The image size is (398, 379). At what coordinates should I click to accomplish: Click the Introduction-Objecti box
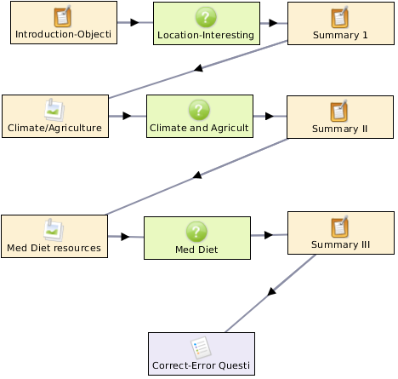(x=64, y=23)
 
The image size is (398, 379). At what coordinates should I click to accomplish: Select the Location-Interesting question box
(x=207, y=24)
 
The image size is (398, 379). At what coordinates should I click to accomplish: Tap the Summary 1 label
(x=340, y=35)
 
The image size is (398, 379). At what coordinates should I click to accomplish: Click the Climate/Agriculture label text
(x=54, y=128)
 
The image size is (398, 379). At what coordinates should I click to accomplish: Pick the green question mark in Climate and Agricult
(x=199, y=110)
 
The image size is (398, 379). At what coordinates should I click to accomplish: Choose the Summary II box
(x=340, y=117)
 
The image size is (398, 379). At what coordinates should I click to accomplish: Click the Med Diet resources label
(x=54, y=248)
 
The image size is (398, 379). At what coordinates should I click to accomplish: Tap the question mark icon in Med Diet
(x=196, y=232)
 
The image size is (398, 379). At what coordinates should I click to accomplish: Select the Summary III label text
(x=340, y=244)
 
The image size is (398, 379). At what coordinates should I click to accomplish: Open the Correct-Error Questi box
(x=202, y=354)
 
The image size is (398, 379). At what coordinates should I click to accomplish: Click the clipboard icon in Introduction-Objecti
(x=63, y=16)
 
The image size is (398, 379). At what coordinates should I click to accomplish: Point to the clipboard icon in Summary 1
(x=340, y=17)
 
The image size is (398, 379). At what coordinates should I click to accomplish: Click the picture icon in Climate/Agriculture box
(x=54, y=110)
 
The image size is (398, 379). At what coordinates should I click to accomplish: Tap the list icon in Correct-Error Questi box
(x=201, y=347)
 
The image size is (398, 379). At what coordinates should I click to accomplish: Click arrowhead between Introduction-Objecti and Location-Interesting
(x=134, y=22)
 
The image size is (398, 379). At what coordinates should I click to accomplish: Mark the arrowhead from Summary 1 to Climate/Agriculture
(x=199, y=68)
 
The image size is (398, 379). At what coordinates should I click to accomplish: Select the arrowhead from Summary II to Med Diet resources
(x=197, y=175)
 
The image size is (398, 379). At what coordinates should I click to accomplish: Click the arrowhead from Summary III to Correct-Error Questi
(x=271, y=291)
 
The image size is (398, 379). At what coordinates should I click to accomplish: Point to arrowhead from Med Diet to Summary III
(x=269, y=235)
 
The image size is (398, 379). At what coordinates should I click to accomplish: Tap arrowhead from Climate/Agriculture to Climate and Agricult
(x=127, y=116)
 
